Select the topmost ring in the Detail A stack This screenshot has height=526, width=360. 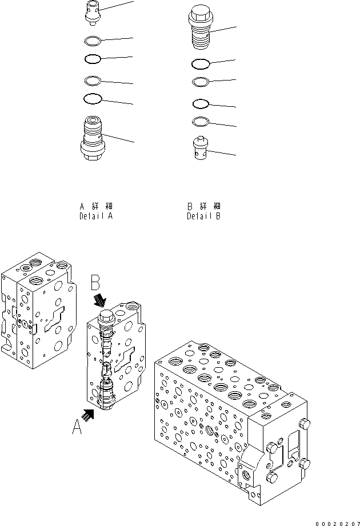click(93, 41)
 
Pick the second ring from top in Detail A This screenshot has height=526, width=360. click(93, 58)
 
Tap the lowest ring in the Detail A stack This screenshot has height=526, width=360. click(93, 99)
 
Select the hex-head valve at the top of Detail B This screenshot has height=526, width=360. click(200, 26)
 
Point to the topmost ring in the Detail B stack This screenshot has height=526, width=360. click(201, 63)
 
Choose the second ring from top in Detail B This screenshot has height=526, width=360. click(201, 82)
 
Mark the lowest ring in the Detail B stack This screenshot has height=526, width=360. click(201, 122)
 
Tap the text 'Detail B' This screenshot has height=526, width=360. click(203, 217)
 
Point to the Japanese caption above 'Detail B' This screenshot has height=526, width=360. click(203, 206)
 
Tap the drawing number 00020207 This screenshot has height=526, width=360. click(337, 520)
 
